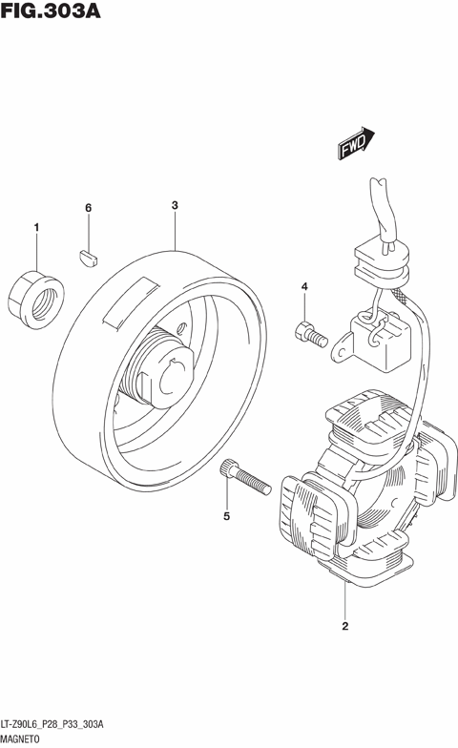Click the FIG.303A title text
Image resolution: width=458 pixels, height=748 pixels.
[x=51, y=10]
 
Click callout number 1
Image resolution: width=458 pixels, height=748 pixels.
[x=36, y=227]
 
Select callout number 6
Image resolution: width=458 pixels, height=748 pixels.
[x=88, y=208]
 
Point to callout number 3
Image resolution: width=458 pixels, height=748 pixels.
[x=175, y=205]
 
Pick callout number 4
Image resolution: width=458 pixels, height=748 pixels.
[x=304, y=286]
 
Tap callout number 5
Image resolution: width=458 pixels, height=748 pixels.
[x=227, y=515]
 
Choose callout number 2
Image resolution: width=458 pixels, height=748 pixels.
[x=345, y=626]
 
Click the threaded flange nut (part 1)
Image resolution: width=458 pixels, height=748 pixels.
[x=36, y=300]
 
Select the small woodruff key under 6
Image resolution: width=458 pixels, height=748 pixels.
[x=88, y=257]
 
